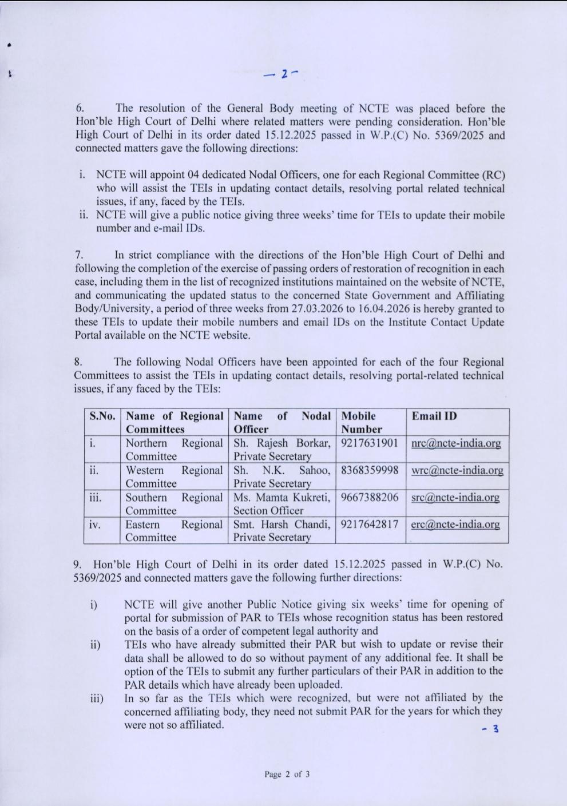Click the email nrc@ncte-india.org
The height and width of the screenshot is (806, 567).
456,443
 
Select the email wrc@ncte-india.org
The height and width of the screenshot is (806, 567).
457,470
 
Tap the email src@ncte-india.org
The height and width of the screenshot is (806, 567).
455,497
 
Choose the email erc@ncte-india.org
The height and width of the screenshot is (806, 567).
455,524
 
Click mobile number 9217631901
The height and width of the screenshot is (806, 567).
370,443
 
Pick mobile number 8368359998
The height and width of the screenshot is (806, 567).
370,470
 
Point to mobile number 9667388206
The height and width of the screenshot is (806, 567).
370,497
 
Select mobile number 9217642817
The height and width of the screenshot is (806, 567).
370,524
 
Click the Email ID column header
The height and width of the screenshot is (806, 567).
434,416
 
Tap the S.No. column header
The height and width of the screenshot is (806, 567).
102,416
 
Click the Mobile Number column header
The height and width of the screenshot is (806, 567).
362,423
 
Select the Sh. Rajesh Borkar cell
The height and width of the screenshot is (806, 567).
282,450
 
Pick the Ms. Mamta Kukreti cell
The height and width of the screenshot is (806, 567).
282,504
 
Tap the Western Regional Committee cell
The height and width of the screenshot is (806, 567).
174,477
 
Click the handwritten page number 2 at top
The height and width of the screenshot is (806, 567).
284,74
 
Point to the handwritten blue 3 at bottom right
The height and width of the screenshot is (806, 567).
495,729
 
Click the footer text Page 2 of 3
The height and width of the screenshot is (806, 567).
287,775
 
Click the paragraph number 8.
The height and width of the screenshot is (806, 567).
78,362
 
